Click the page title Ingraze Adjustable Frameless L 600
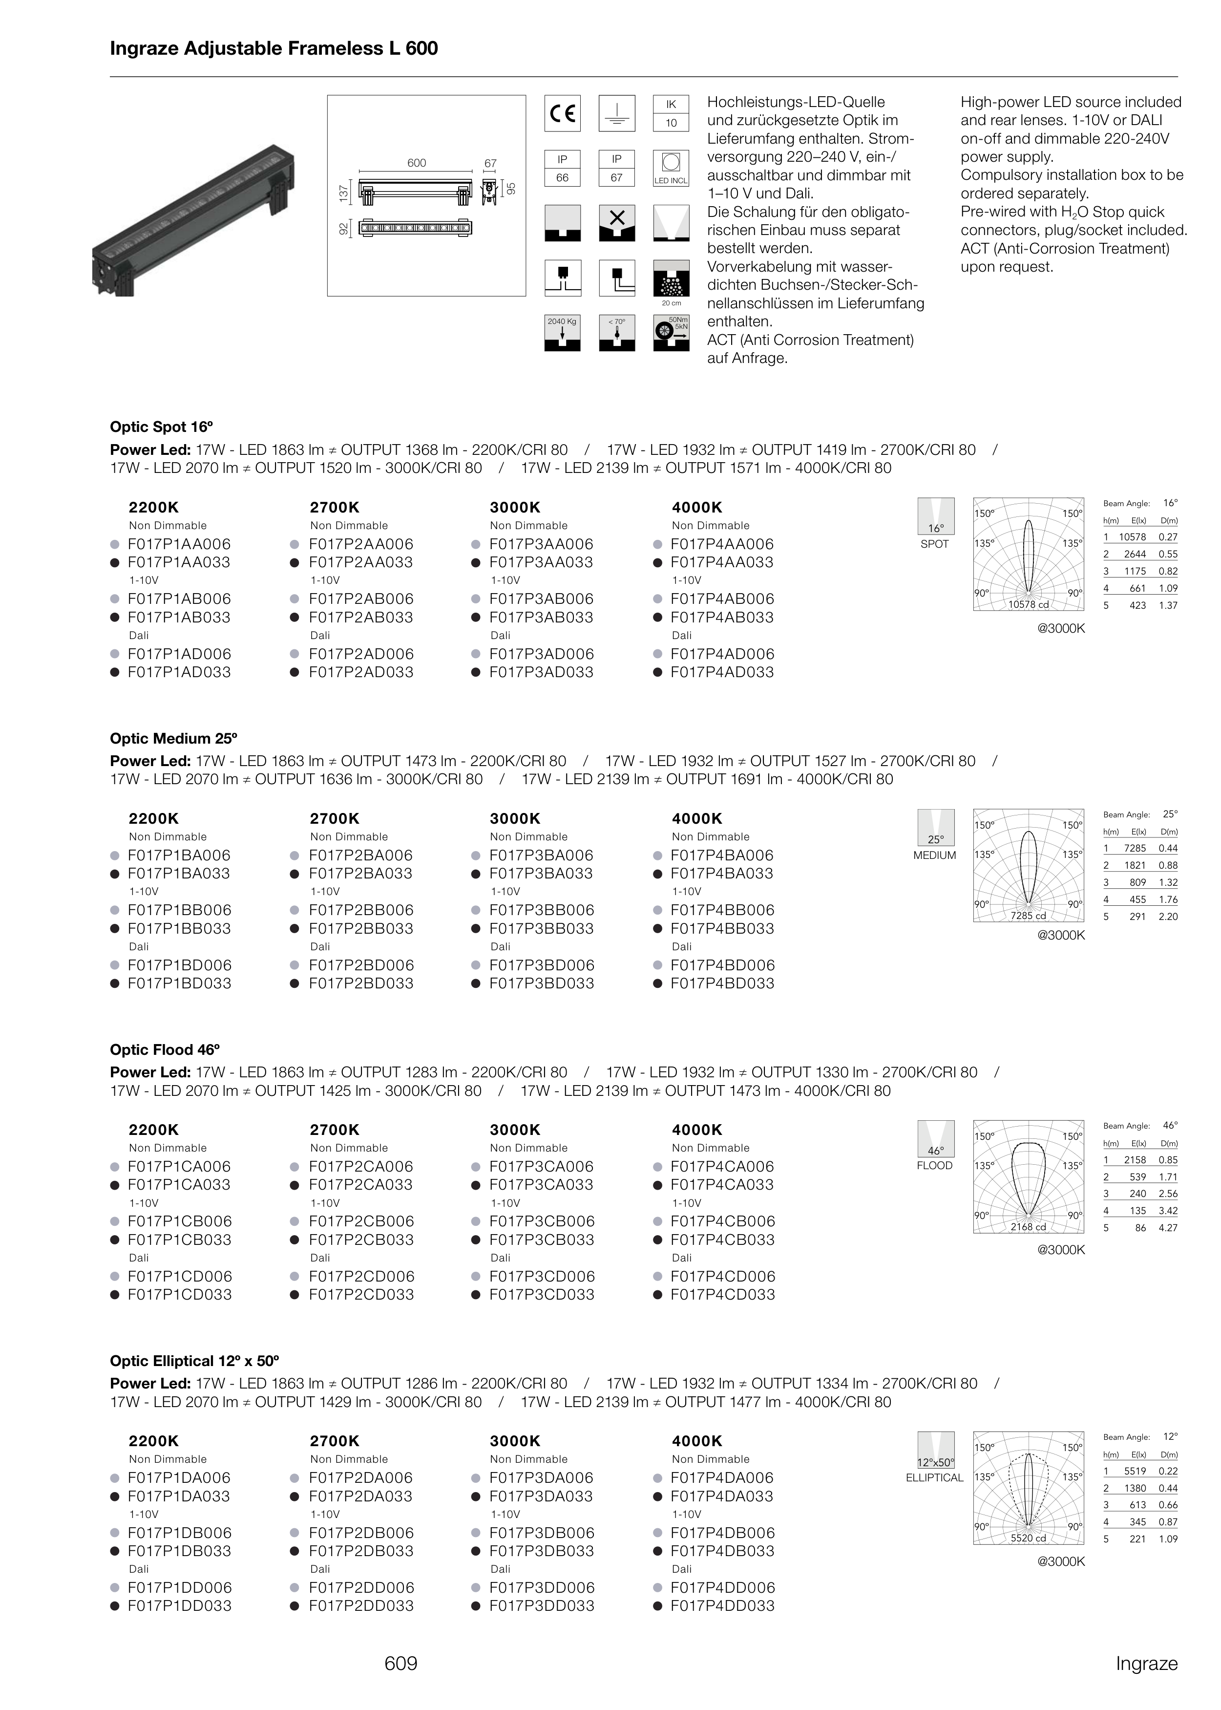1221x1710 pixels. pyautogui.click(x=274, y=49)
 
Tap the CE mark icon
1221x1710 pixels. pyautogui.click(x=562, y=113)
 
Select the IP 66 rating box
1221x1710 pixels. pyautogui.click(x=562, y=169)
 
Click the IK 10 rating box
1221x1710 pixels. pyautogui.click(x=671, y=113)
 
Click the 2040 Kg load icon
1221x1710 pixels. pyautogui.click(x=562, y=333)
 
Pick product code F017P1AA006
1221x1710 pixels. pyautogui.click(x=179, y=544)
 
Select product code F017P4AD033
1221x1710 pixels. pyautogui.click(x=722, y=672)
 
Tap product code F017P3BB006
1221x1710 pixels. pyautogui.click(x=541, y=910)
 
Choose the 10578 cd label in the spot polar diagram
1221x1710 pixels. pyautogui.click(x=1028, y=604)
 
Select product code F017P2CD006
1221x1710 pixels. pyautogui.click(x=361, y=1276)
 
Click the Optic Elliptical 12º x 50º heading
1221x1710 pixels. pyautogui.click(x=194, y=1361)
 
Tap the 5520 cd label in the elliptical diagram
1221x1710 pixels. pyautogui.click(x=1028, y=1539)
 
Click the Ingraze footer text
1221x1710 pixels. pyautogui.click(x=1146, y=1664)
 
